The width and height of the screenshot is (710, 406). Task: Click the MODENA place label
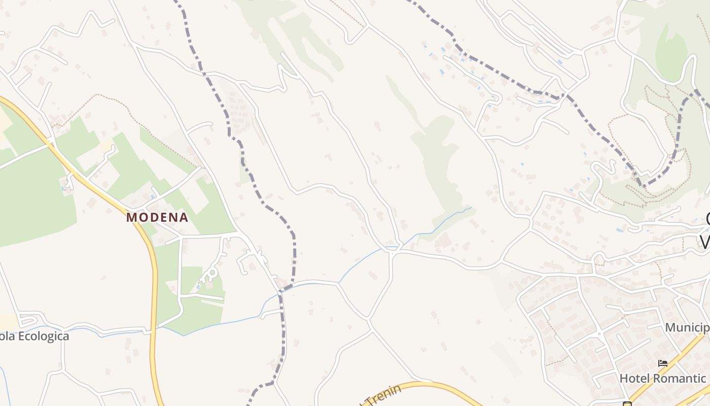pyautogui.click(x=157, y=218)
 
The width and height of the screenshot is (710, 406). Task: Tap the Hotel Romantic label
pyautogui.click(x=662, y=378)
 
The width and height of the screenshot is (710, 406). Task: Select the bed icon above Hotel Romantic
pyautogui.click(x=663, y=363)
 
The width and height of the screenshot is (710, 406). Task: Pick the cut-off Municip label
pyautogui.click(x=687, y=327)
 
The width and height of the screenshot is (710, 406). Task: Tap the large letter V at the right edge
pyautogui.click(x=705, y=241)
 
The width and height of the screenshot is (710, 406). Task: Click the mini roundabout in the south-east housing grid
pyautogui.click(x=599, y=334)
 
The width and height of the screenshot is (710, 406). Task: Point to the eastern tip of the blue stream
pyautogui.click(x=471, y=207)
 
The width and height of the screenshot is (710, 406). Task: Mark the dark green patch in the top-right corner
pyautogui.click(x=672, y=51)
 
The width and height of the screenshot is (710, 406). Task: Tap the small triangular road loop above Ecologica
pyautogui.click(x=28, y=320)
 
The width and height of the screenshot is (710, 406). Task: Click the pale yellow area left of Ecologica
pyautogui.click(x=8, y=321)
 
